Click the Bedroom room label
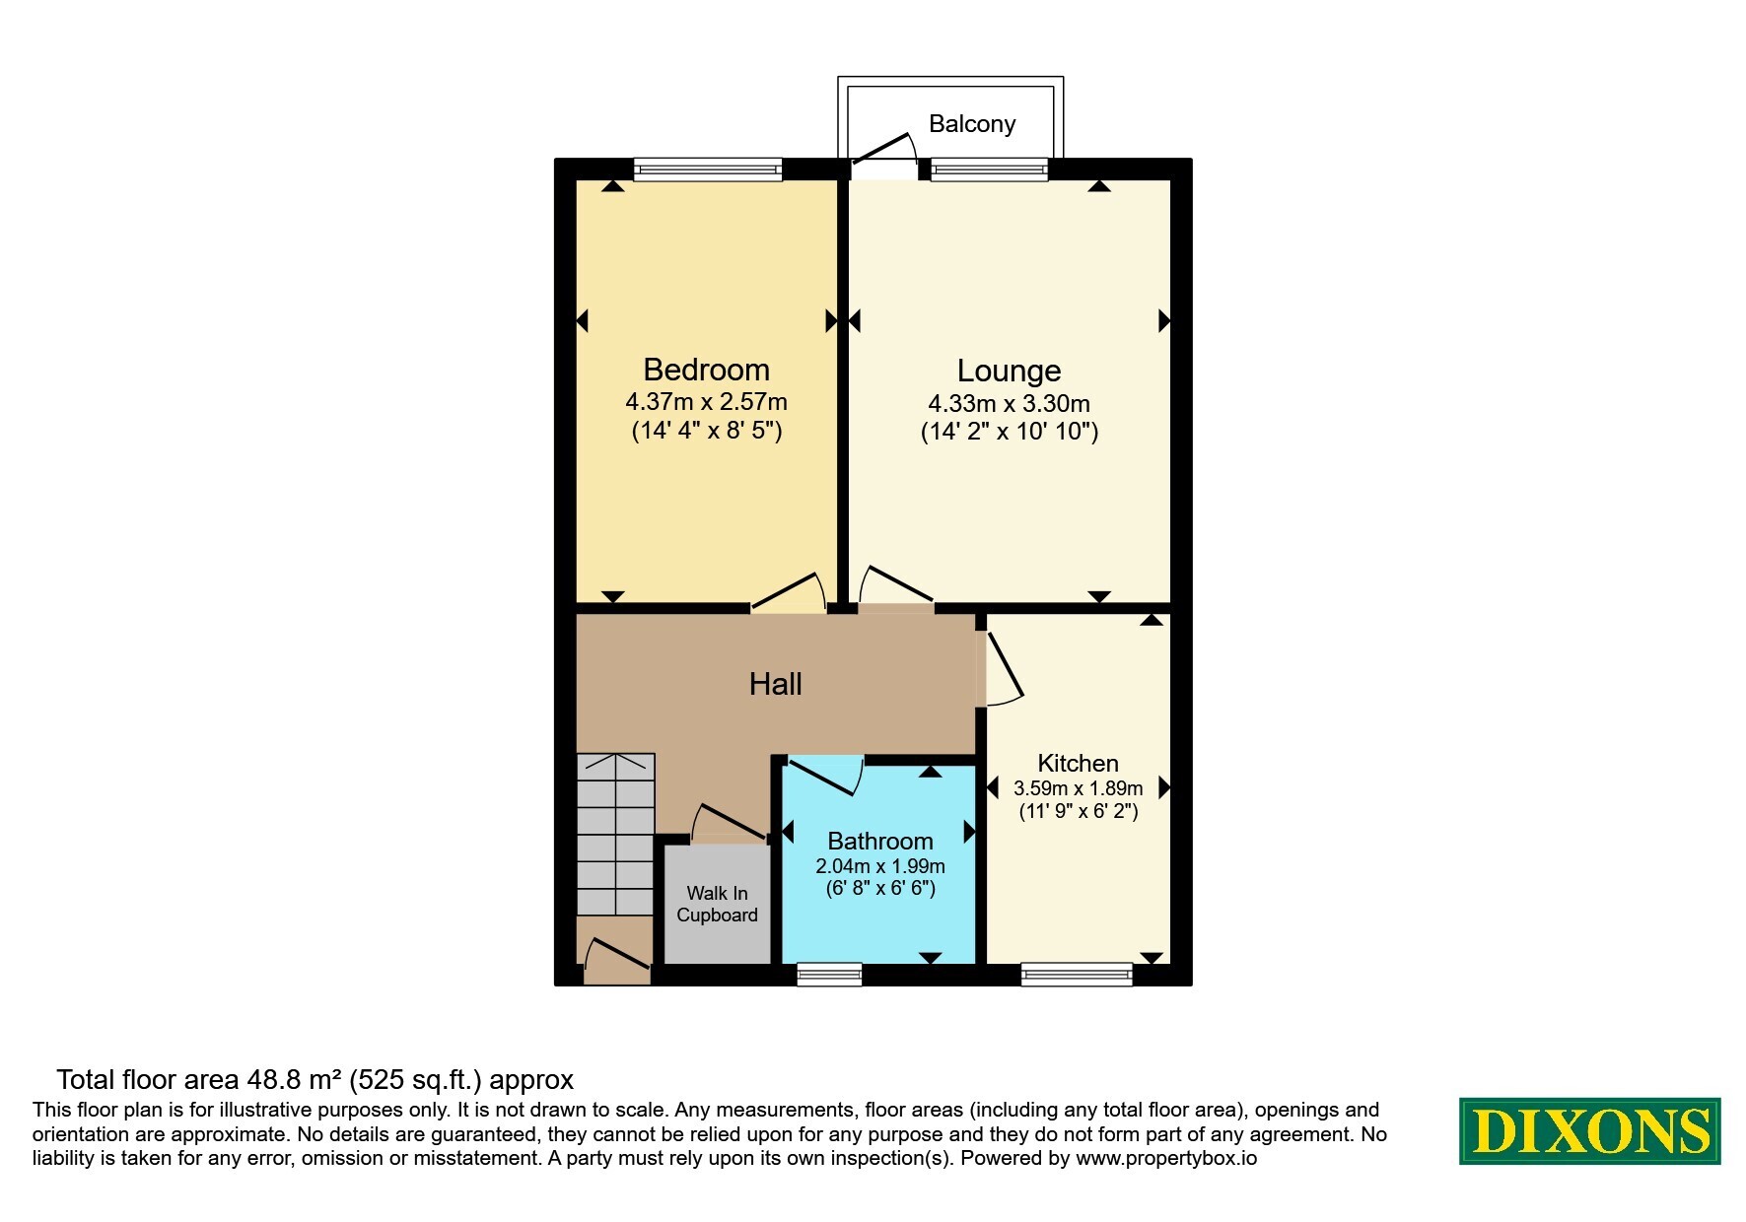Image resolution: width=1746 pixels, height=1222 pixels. click(706, 370)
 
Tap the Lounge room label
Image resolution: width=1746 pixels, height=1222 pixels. click(1009, 371)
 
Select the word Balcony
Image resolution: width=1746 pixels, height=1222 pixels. click(972, 123)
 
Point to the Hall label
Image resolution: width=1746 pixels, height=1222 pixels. click(775, 684)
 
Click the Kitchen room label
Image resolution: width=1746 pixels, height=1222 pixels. click(1078, 763)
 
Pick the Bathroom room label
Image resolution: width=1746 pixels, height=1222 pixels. click(880, 841)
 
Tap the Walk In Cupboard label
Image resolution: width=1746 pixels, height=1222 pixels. click(717, 904)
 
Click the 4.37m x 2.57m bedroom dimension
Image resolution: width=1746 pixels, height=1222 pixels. click(706, 402)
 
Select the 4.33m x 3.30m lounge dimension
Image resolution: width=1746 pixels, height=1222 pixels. click(1009, 403)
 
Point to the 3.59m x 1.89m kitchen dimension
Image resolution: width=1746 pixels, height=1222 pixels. click(1078, 788)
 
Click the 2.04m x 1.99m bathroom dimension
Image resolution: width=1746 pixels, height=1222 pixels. click(880, 866)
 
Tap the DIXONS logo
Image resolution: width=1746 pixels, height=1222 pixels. click(1589, 1131)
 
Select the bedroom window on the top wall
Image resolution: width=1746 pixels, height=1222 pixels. click(708, 170)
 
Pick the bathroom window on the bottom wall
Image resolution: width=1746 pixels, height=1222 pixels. click(829, 975)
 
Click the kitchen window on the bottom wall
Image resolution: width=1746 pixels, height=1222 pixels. click(1077, 975)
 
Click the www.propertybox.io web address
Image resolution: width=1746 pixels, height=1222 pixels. click(1166, 1159)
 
